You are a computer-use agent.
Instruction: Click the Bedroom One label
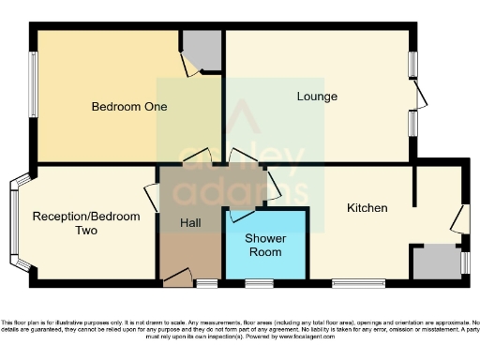click(129, 107)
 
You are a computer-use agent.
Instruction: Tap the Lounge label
click(317, 97)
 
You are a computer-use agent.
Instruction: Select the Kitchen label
click(367, 207)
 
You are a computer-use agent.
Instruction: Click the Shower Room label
click(265, 245)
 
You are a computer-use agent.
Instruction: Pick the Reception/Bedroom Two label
click(86, 223)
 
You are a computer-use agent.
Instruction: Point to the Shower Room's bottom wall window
click(259, 282)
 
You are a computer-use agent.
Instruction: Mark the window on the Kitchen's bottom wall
click(358, 282)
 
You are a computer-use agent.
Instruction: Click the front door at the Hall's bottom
click(177, 277)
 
